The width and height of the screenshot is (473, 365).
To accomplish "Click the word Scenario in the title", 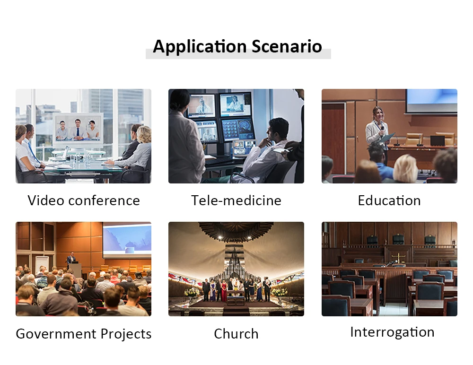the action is click(x=287, y=46).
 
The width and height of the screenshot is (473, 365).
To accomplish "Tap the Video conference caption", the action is click(x=84, y=200).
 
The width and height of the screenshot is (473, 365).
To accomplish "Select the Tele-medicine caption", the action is click(x=236, y=200).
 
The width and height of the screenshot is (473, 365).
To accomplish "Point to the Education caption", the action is click(x=389, y=200).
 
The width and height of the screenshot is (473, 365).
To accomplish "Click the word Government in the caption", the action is click(x=56, y=334).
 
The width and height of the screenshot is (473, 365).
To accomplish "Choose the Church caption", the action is click(x=236, y=334).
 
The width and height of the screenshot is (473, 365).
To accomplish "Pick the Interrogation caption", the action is click(x=392, y=332).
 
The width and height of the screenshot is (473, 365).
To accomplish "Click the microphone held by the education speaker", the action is click(x=382, y=127).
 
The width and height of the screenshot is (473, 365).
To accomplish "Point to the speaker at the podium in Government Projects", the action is click(x=71, y=259).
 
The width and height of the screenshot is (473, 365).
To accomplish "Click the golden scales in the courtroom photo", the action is click(x=398, y=258).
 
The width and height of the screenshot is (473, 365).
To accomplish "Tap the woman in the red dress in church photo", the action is click(x=224, y=291).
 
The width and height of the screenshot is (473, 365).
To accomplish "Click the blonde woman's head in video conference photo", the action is click(x=144, y=135).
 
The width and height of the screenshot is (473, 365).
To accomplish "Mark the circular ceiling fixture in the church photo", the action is click(x=236, y=231).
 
